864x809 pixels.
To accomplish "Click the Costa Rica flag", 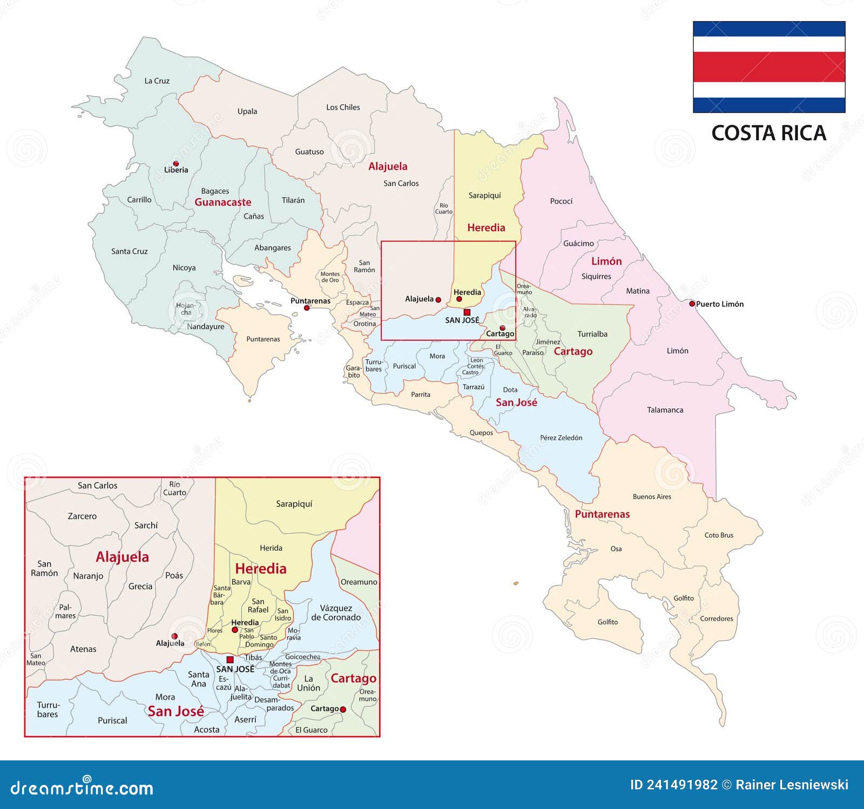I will coord(769,67).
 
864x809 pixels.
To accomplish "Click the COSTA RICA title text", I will coord(768,133).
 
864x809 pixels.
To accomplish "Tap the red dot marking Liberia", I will coord(175,163).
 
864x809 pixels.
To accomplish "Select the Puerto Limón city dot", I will coord(692,304).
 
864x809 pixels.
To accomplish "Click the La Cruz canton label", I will coord(157,81).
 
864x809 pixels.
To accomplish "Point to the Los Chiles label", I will coord(343,107).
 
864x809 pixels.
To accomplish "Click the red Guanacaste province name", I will coord(223,202).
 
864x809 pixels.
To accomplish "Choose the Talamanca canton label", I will coord(665,410).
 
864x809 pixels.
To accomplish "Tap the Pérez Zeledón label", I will coord(561,437).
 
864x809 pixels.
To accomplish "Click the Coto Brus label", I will coord(719,535).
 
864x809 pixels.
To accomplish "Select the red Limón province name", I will coord(606,261).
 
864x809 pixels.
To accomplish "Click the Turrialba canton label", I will coord(592,334).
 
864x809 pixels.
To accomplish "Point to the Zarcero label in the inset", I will coord(82,516).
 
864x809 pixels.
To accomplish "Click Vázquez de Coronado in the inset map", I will coord(336,612).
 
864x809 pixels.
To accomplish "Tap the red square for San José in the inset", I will coord(230,659).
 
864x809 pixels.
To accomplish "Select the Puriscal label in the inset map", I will coord(112,720).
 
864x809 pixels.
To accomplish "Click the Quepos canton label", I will coord(481,433).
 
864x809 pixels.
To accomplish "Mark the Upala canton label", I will coord(247,112).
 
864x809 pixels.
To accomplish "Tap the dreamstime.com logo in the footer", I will coord(82,788).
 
